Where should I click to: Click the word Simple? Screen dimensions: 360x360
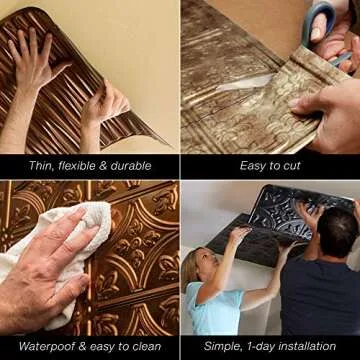pos(214,345)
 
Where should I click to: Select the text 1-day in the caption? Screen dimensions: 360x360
pos(255,345)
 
